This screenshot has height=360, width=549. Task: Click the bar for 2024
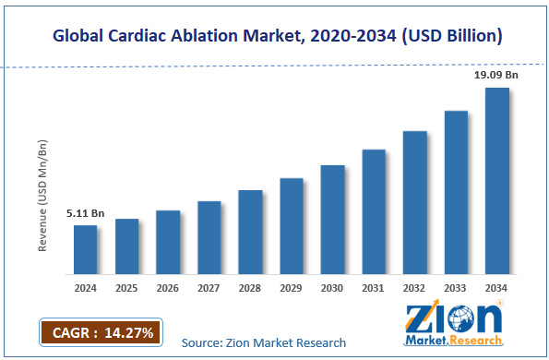85,250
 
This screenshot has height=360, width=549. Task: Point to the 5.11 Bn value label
85,213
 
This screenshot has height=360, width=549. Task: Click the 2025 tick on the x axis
126,288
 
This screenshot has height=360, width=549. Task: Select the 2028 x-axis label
250,288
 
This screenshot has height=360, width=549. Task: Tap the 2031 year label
374,288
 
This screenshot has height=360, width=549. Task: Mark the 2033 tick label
456,288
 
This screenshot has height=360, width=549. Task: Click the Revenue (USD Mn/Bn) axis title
42,196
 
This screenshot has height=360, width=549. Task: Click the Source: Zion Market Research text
264,342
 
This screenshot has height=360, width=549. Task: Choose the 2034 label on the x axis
497,288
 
